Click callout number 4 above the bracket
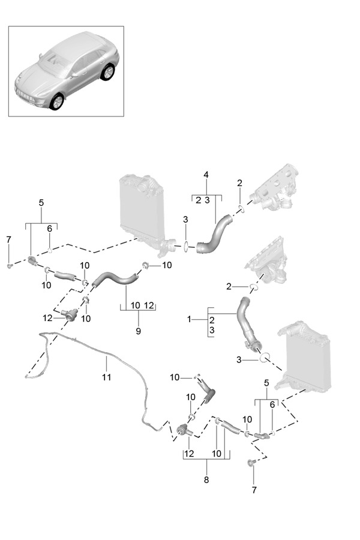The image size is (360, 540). click(206, 175)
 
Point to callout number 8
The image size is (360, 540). click(206, 479)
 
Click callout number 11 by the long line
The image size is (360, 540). click(106, 377)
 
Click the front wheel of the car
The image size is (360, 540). click(58, 101)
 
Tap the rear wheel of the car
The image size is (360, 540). click(108, 73)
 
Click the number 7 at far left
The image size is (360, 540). click(8, 240)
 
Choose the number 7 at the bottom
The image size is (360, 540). click(253, 490)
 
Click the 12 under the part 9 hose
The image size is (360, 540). click(149, 305)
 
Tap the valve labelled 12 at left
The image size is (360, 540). click(70, 314)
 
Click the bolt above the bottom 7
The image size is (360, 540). click(252, 463)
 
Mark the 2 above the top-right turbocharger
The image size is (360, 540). click(239, 183)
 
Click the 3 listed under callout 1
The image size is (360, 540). click(212, 331)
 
